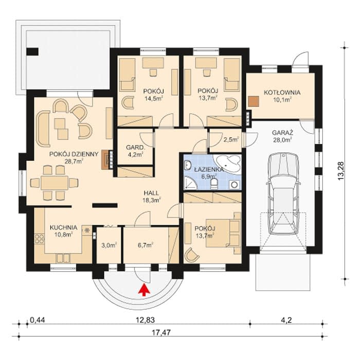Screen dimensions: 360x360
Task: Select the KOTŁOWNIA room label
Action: click(282, 93)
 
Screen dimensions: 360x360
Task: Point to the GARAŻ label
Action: click(283, 133)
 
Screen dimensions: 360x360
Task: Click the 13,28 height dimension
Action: click(341, 171)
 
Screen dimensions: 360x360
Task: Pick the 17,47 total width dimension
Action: click(161, 332)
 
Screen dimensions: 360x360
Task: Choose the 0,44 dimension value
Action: click(37, 320)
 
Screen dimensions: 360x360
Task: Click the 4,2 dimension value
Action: click(286, 320)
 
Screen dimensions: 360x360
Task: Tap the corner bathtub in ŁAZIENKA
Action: click(227, 163)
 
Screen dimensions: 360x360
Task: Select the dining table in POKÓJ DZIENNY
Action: click(55, 183)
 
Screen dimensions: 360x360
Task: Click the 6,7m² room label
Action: click(146, 245)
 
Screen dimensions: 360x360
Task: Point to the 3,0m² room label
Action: click(109, 245)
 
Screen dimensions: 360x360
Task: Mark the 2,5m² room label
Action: click(231, 139)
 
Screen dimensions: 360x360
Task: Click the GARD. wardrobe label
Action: click(136, 147)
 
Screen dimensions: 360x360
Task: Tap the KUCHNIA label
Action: click(63, 227)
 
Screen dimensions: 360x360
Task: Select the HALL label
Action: click(151, 193)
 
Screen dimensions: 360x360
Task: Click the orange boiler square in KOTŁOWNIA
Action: click(254, 102)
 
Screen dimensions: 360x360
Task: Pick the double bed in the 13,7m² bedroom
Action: click(223, 233)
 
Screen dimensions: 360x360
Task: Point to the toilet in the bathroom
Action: click(215, 184)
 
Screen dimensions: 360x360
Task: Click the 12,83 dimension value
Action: click(145, 320)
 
